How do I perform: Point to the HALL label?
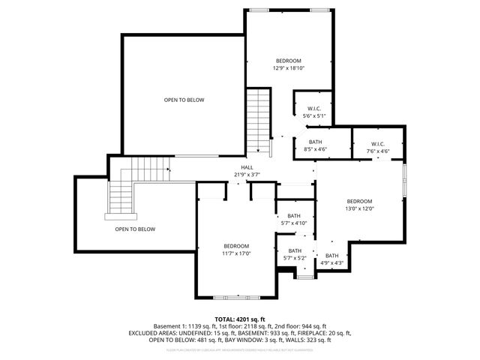tap(247, 167)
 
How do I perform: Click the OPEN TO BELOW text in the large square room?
tap(184, 100)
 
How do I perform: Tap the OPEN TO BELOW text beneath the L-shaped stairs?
tap(135, 229)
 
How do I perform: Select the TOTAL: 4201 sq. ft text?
tap(240, 319)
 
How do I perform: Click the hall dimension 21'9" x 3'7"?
tap(247, 175)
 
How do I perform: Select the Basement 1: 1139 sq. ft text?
tap(185, 326)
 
